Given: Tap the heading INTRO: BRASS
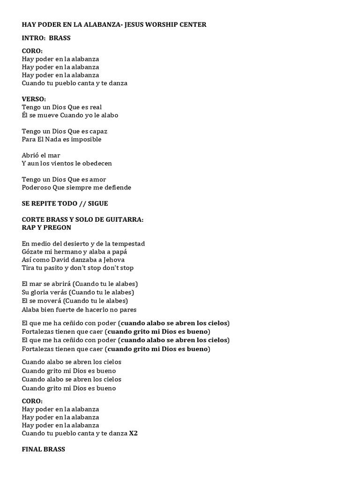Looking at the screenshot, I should (46, 38).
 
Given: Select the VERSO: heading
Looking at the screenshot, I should (34, 99).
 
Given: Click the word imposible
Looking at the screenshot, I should (86, 139).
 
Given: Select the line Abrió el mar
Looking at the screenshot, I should (41, 155).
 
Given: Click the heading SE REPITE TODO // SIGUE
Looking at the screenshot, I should (65, 203).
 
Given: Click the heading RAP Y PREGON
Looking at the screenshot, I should (46, 227).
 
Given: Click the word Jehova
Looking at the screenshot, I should (113, 260).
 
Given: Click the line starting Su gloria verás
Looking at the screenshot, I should (78, 292).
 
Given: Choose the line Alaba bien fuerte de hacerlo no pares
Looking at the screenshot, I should (79, 309).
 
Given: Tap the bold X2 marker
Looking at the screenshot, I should (133, 433).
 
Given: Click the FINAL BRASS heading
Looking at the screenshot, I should (43, 449).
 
